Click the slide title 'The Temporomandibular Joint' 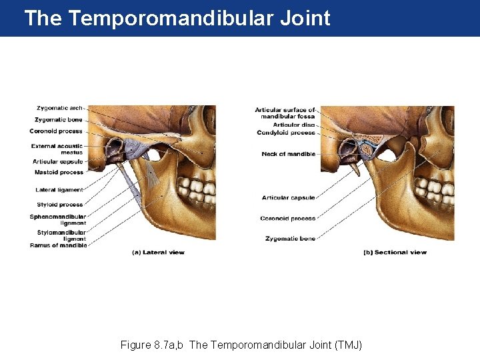177,18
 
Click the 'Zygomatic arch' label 60,108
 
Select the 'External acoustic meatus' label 57,149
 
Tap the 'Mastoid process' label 60,173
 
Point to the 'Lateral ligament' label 60,190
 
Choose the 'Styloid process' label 61,205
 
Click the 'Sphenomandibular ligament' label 58,219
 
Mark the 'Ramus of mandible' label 59,245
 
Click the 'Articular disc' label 294,125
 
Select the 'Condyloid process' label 286,133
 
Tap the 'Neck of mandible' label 289,154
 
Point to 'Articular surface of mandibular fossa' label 285,113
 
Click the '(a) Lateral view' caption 158,253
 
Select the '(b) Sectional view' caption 395,253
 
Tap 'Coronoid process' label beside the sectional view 288,218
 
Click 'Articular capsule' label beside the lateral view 58,161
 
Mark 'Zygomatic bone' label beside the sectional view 290,238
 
